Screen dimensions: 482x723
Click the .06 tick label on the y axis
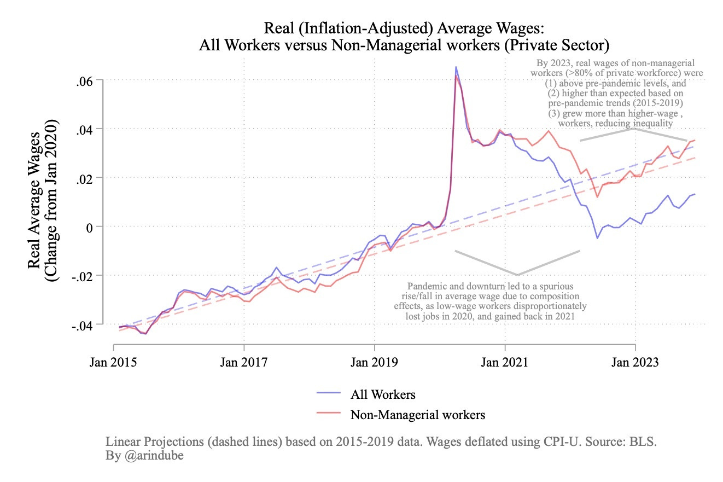click(x=86, y=80)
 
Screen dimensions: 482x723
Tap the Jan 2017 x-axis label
click(x=244, y=363)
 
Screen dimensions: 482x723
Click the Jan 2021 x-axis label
click(x=505, y=363)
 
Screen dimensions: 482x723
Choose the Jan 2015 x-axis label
click(x=114, y=363)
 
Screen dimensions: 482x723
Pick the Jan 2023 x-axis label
click(x=635, y=363)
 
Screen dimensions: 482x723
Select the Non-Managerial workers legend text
click(x=417, y=414)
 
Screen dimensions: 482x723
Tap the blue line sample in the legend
click(x=328, y=394)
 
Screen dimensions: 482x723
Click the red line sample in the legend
click(x=328, y=414)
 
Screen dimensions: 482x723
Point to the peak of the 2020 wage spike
click(x=456, y=67)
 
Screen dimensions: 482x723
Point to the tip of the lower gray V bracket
click(x=517, y=275)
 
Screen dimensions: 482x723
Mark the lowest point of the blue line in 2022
click(x=597, y=238)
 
